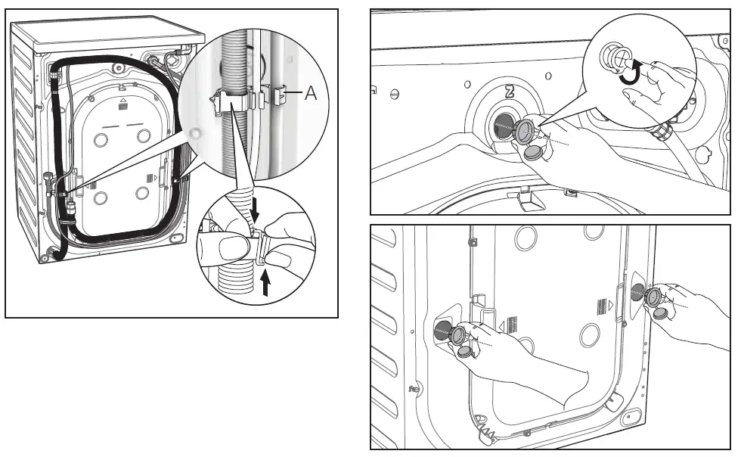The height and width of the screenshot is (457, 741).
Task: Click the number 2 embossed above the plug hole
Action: coord(510,92)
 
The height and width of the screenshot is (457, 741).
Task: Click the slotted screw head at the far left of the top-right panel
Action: coord(394,94)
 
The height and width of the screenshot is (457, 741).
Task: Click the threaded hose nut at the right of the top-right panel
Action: coord(663,132)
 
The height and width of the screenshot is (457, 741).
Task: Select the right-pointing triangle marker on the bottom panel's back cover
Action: coord(609,306)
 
